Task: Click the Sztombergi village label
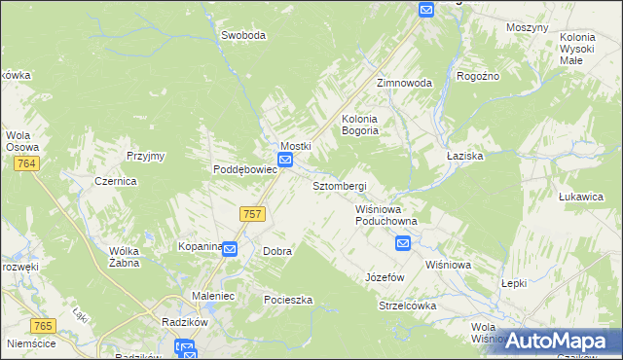click(x=339, y=186)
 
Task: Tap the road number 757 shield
click(x=250, y=213)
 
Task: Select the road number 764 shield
click(x=26, y=165)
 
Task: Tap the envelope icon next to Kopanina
click(x=230, y=249)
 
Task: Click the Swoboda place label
click(x=243, y=35)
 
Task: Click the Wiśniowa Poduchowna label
click(x=386, y=215)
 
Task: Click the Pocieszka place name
click(x=288, y=300)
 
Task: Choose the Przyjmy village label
click(x=146, y=156)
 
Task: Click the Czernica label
click(x=115, y=182)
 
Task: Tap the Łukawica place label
click(x=582, y=197)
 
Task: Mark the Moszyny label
click(x=528, y=28)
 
